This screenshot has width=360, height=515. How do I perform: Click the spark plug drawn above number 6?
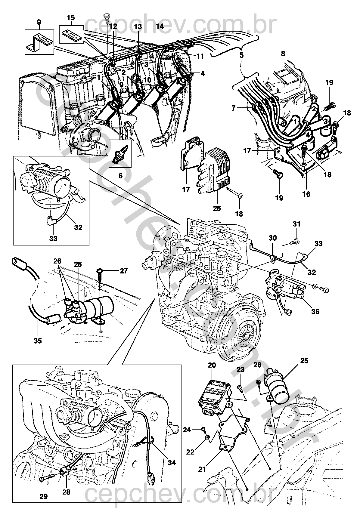120,153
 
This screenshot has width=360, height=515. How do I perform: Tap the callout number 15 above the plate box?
71,18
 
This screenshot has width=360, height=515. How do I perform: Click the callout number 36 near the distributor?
315,312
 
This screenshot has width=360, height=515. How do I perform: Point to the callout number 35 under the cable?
38,341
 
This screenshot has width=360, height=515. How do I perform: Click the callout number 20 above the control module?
212,365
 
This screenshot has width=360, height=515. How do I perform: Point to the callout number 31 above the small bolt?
296,224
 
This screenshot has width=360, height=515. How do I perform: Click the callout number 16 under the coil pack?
306,194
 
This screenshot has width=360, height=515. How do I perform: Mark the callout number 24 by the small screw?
187,430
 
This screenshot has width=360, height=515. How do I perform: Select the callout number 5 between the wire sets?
241,55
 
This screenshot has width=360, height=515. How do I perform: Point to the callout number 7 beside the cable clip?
234,108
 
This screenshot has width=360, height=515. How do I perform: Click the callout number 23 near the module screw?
241,370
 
